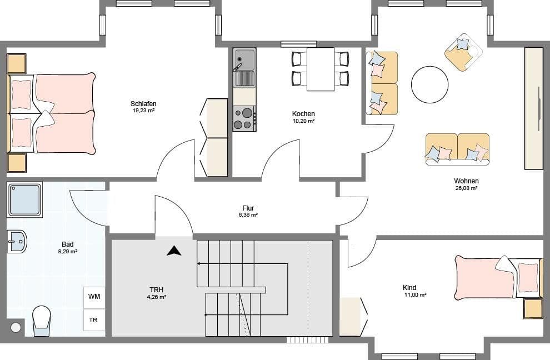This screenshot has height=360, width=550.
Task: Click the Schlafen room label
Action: tap(143, 104)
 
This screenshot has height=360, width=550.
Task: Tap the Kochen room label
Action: tap(303, 114)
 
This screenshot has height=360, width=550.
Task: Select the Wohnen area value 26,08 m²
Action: tap(466, 188)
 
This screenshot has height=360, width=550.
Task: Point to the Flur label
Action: tap(248, 208)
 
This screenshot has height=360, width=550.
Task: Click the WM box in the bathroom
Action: tap(94, 297)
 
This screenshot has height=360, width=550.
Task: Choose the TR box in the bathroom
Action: tap(94, 320)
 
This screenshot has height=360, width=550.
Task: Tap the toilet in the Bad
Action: tap(41, 321)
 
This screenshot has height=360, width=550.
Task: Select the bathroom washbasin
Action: tap(17, 241)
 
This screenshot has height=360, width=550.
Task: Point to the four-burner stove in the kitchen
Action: tap(244, 118)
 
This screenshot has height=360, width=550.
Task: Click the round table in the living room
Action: tap(429, 84)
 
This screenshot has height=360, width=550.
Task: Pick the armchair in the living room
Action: tap(463, 52)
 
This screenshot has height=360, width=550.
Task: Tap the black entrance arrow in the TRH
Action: tap(174, 251)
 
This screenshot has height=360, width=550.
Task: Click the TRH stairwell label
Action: tap(156, 289)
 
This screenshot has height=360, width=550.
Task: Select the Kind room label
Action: tap(409, 288)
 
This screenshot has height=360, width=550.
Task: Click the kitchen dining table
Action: tap(321, 69)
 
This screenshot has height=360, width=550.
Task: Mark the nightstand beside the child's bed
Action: tap(533, 308)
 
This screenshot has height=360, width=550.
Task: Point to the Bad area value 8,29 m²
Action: tap(68, 252)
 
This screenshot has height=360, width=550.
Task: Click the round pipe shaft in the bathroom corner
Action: tap(16, 327)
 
